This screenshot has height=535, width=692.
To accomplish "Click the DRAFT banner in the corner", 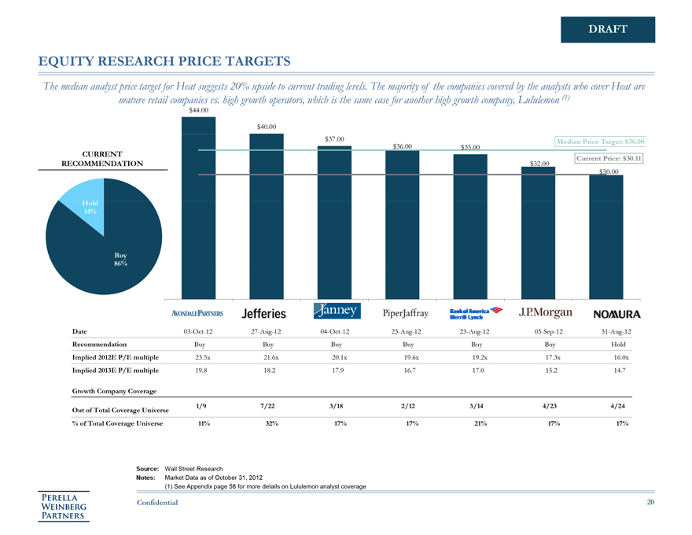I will [x=607, y=30].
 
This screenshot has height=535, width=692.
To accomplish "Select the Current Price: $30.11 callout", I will [x=609, y=158].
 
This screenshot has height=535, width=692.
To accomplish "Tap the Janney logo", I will [x=337, y=311].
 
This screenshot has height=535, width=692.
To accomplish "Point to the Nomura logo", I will [x=617, y=314].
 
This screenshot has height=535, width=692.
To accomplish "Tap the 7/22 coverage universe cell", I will [x=267, y=405].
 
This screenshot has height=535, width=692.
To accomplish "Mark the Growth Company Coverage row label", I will [x=115, y=390].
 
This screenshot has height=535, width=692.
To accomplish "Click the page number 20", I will [x=650, y=503].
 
